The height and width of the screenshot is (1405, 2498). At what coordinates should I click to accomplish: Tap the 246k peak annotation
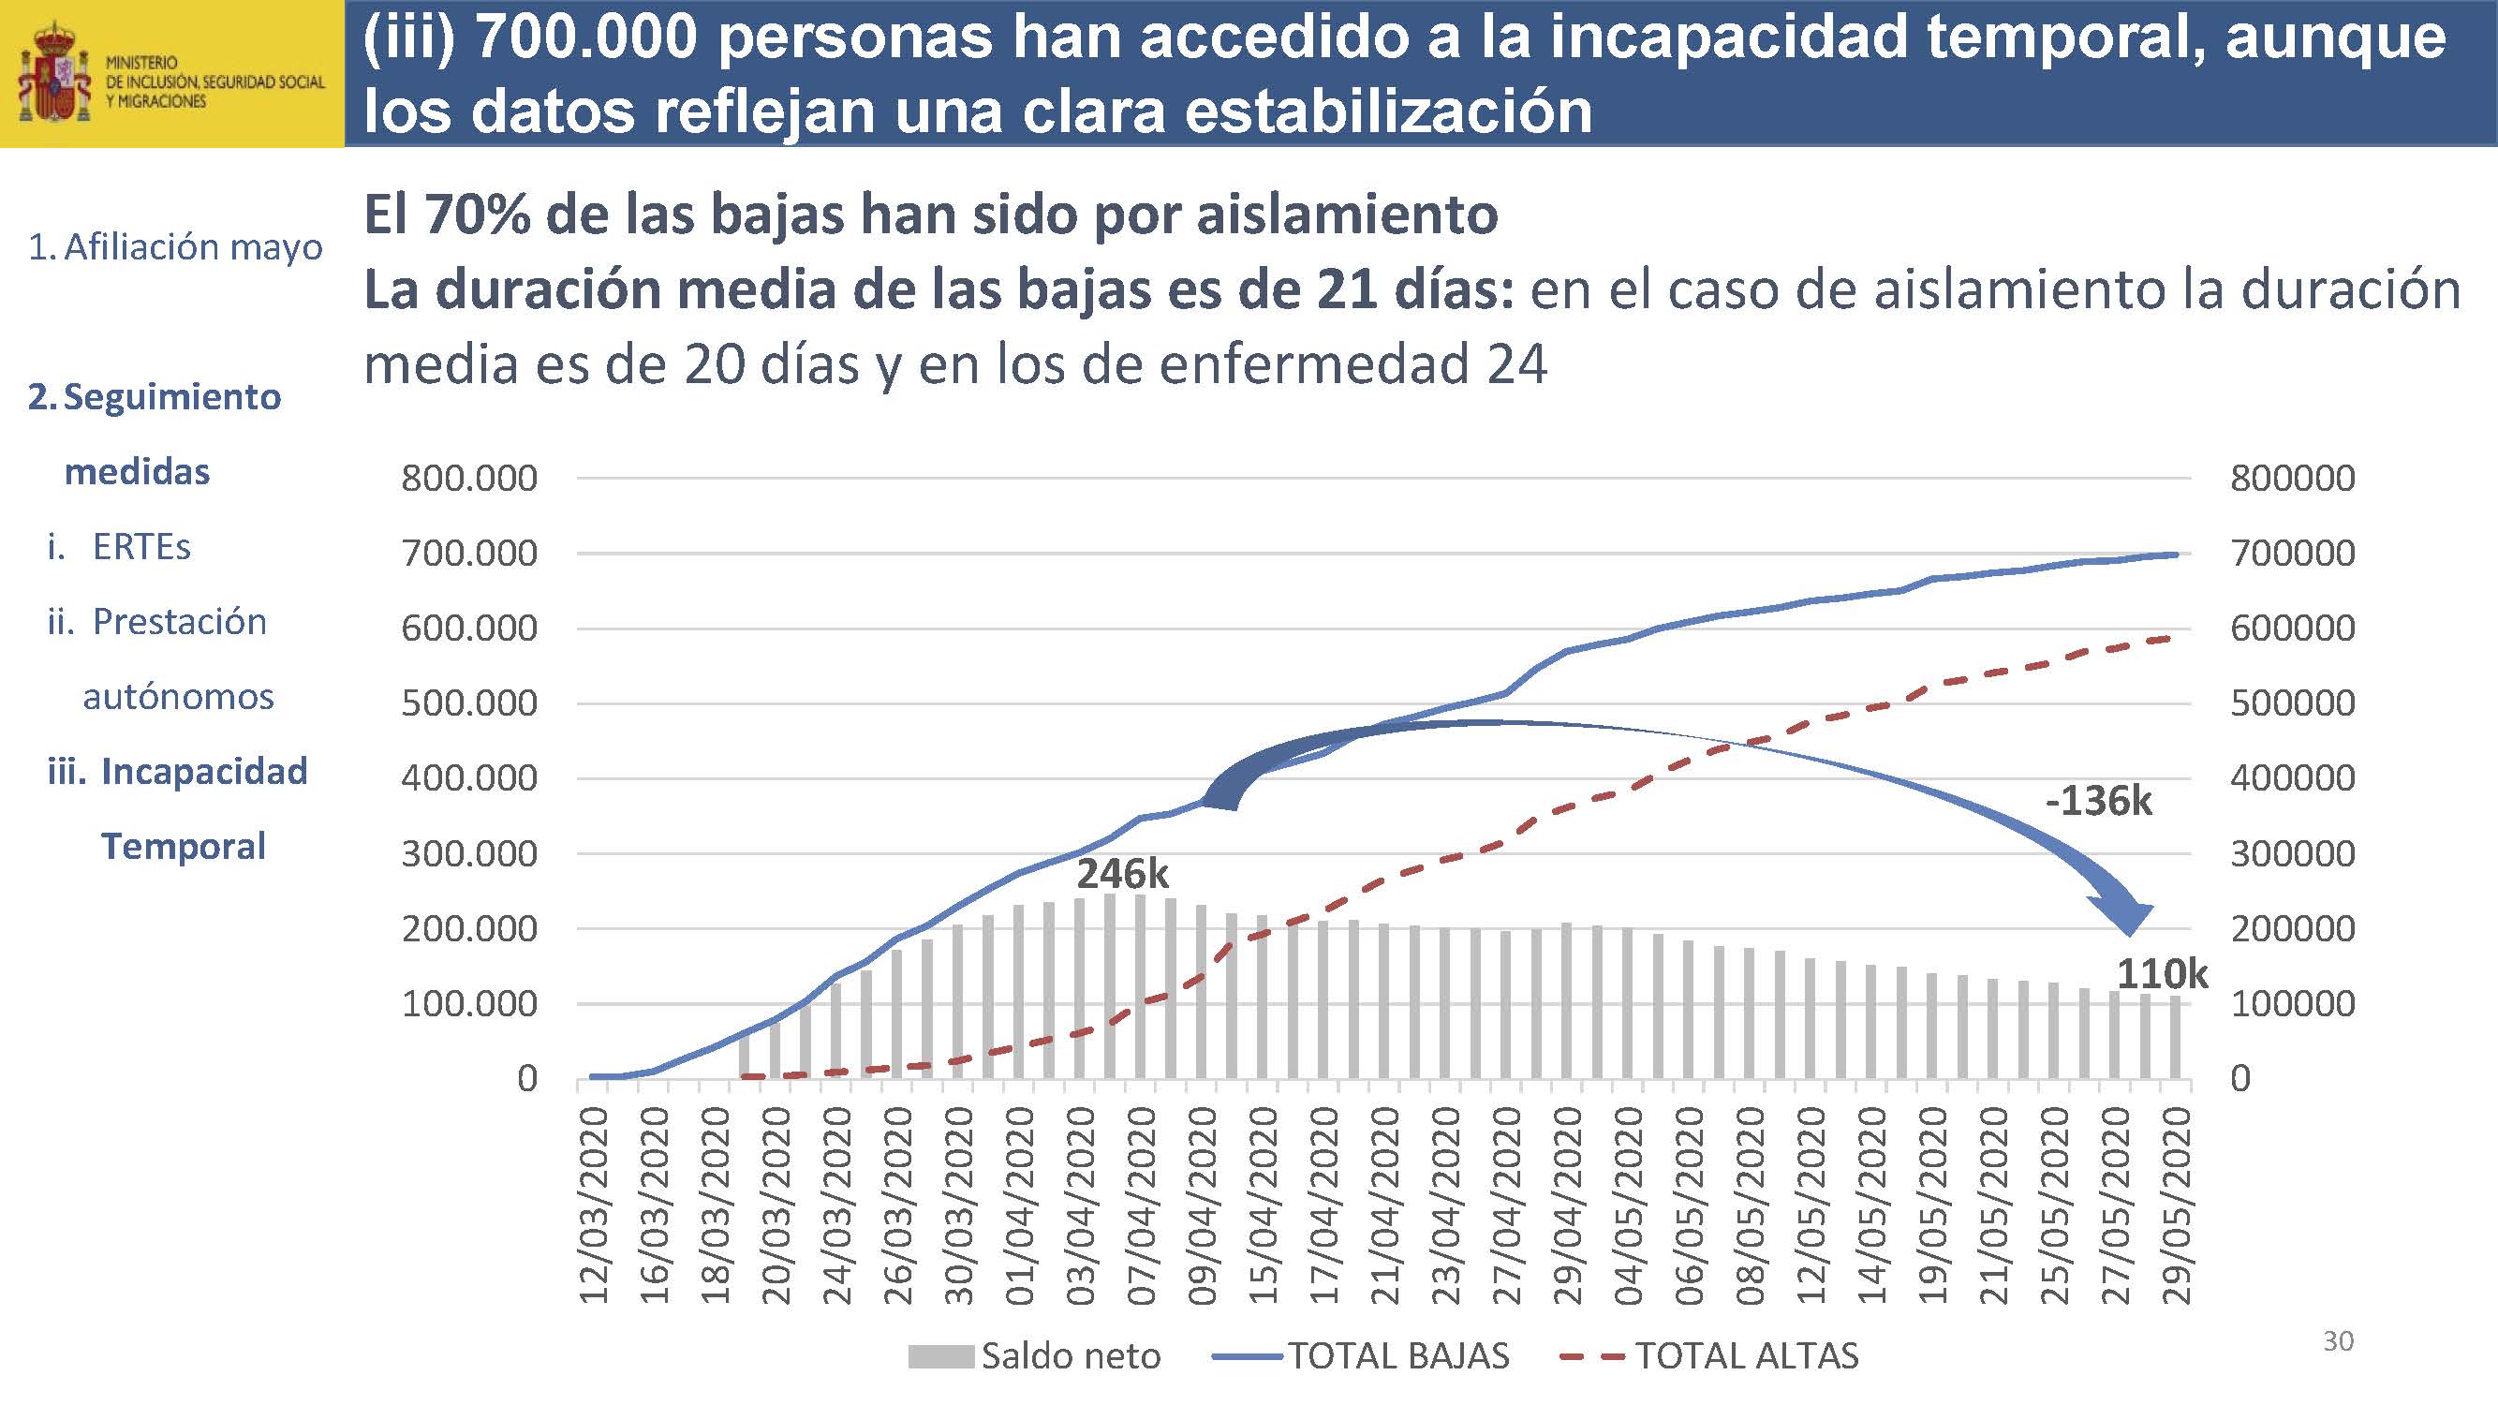pyautogui.click(x=1122, y=875)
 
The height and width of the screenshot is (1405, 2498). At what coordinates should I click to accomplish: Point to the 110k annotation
pyautogui.click(x=2162, y=973)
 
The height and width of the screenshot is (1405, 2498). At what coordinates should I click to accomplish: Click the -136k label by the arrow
pyautogui.click(x=2098, y=802)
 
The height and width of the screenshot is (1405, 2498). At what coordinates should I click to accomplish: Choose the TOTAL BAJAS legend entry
pyautogui.click(x=1362, y=1355)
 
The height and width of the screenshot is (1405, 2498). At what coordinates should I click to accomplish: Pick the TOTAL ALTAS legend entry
pyautogui.click(x=1710, y=1355)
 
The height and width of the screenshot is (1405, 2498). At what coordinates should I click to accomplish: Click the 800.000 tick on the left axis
pyautogui.click(x=468, y=478)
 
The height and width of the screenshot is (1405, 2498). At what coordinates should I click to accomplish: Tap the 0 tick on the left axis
pyautogui.click(x=526, y=1078)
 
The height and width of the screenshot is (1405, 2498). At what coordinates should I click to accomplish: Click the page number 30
pyautogui.click(x=2338, y=1341)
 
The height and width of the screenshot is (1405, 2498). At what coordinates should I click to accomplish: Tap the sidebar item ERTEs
pyautogui.click(x=141, y=547)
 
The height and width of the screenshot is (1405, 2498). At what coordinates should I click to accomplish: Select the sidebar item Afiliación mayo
pyautogui.click(x=175, y=247)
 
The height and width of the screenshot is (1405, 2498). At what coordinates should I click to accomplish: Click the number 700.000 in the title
pyautogui.click(x=587, y=38)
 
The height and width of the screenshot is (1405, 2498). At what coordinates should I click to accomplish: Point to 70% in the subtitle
pyautogui.click(x=478, y=214)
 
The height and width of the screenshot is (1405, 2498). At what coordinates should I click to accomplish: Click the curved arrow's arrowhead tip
pyautogui.click(x=2130, y=935)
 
